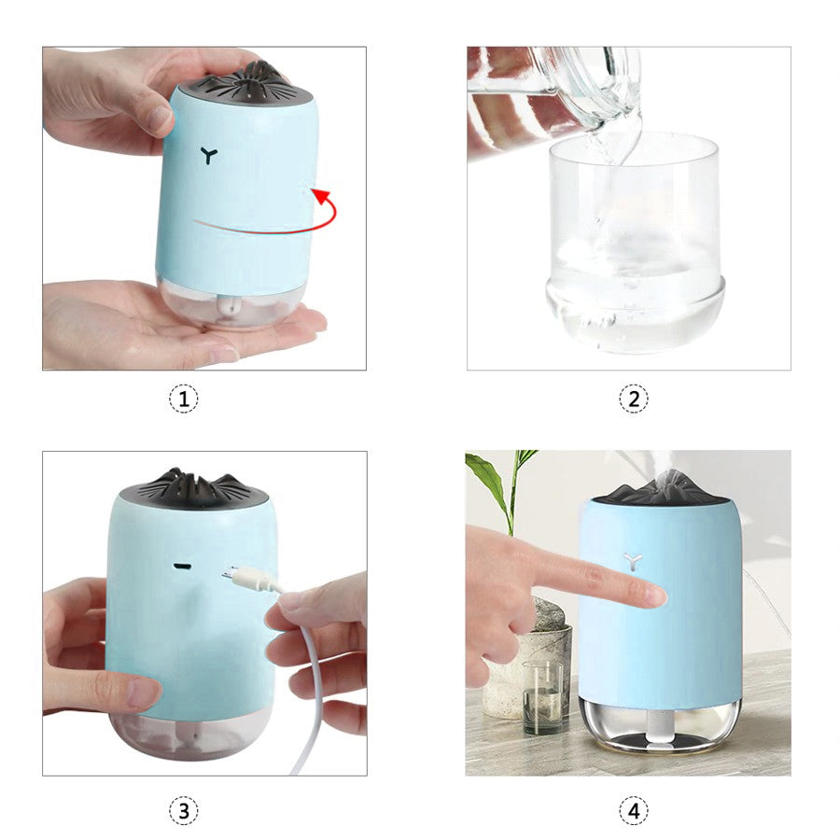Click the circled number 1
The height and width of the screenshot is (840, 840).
tap(184, 399)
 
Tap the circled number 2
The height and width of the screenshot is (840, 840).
tap(634, 399)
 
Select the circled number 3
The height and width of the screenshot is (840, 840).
tap(184, 810)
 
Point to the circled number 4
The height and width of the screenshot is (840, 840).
tap(634, 810)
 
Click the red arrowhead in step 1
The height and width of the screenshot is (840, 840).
tap(321, 196)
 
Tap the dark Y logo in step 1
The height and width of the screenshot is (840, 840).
tap(209, 155)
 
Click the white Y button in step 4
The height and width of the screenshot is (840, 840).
tap(633, 562)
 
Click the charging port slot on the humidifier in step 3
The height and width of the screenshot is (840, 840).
tap(183, 566)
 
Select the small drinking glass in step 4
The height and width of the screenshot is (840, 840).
tap(542, 697)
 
